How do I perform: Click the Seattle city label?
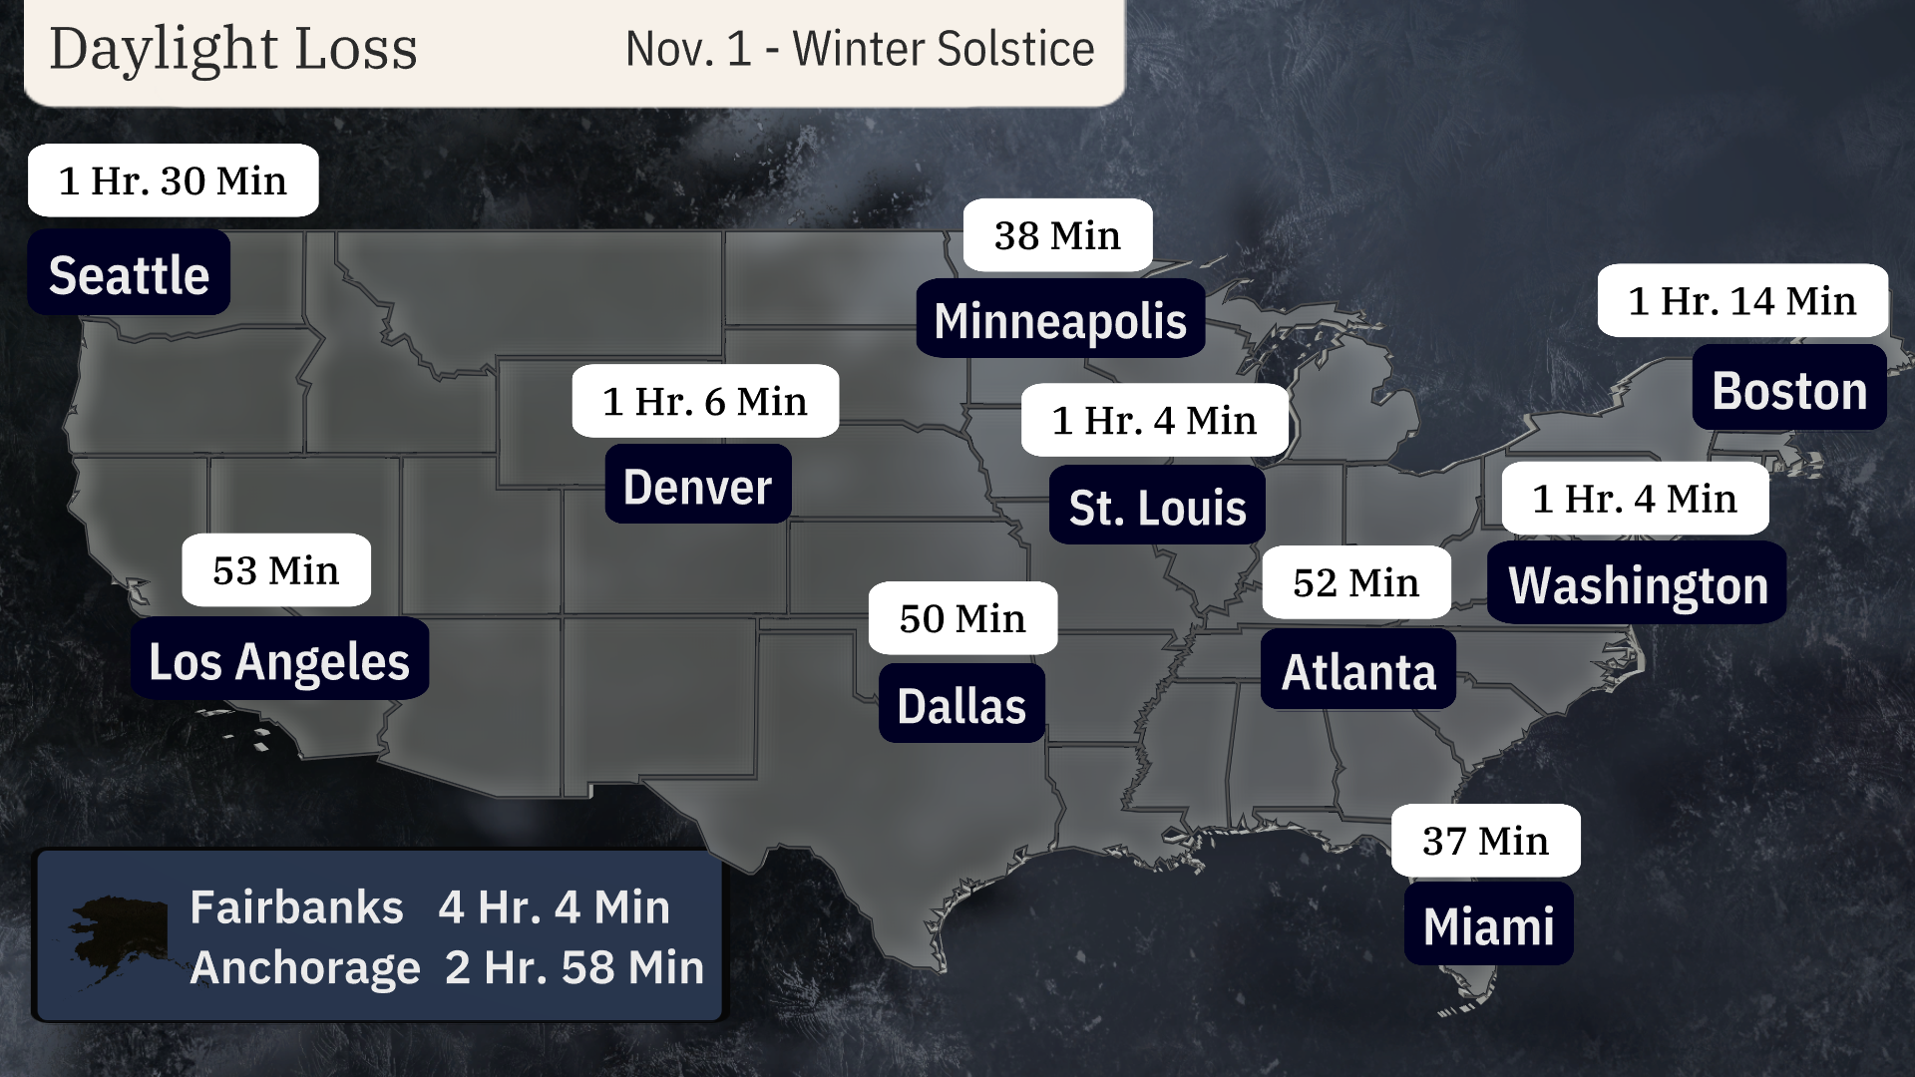(x=129, y=273)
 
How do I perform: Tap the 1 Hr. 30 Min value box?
(x=173, y=180)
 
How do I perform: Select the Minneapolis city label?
(x=1060, y=319)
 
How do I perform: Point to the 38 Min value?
(x=1057, y=235)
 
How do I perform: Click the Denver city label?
(x=697, y=486)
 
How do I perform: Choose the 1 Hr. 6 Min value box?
(x=704, y=401)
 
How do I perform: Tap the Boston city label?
(x=1789, y=389)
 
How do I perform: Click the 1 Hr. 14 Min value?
(x=1741, y=300)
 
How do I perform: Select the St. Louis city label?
(x=1157, y=506)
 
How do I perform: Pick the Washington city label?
(x=1637, y=583)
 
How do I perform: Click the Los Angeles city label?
(x=279, y=659)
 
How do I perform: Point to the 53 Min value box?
(x=275, y=570)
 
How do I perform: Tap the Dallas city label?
(x=961, y=704)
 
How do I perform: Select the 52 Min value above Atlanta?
(x=1355, y=582)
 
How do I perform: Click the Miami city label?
(x=1488, y=924)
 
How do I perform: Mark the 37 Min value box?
(x=1485, y=841)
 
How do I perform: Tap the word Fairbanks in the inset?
(x=296, y=906)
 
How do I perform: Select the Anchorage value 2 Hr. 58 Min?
(x=574, y=966)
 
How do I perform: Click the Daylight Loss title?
(x=233, y=49)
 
